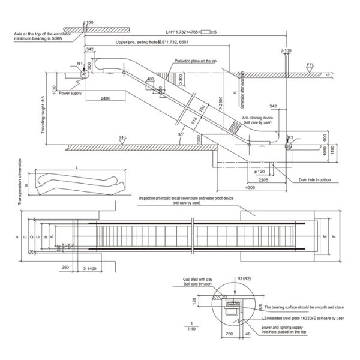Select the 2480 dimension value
click(x=105, y=97)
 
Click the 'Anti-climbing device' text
click(x=257, y=118)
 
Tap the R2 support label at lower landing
click(x=290, y=138)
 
